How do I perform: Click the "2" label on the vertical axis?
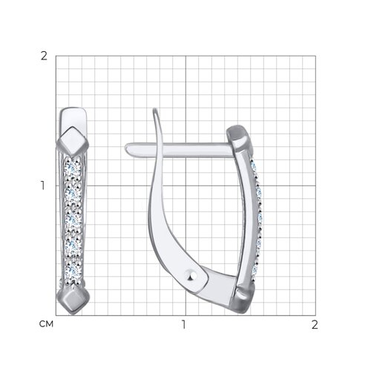pos(44,56)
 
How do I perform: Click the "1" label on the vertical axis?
pos(43,185)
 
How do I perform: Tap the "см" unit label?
pos(46,324)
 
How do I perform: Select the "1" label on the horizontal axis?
pos(183,324)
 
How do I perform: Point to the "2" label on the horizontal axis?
pos(315,324)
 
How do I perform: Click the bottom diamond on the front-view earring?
pos(73,299)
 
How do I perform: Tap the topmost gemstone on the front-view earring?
pos(72,169)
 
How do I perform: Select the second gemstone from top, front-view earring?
pos(73,194)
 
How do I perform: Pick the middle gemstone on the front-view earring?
pos(73,220)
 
